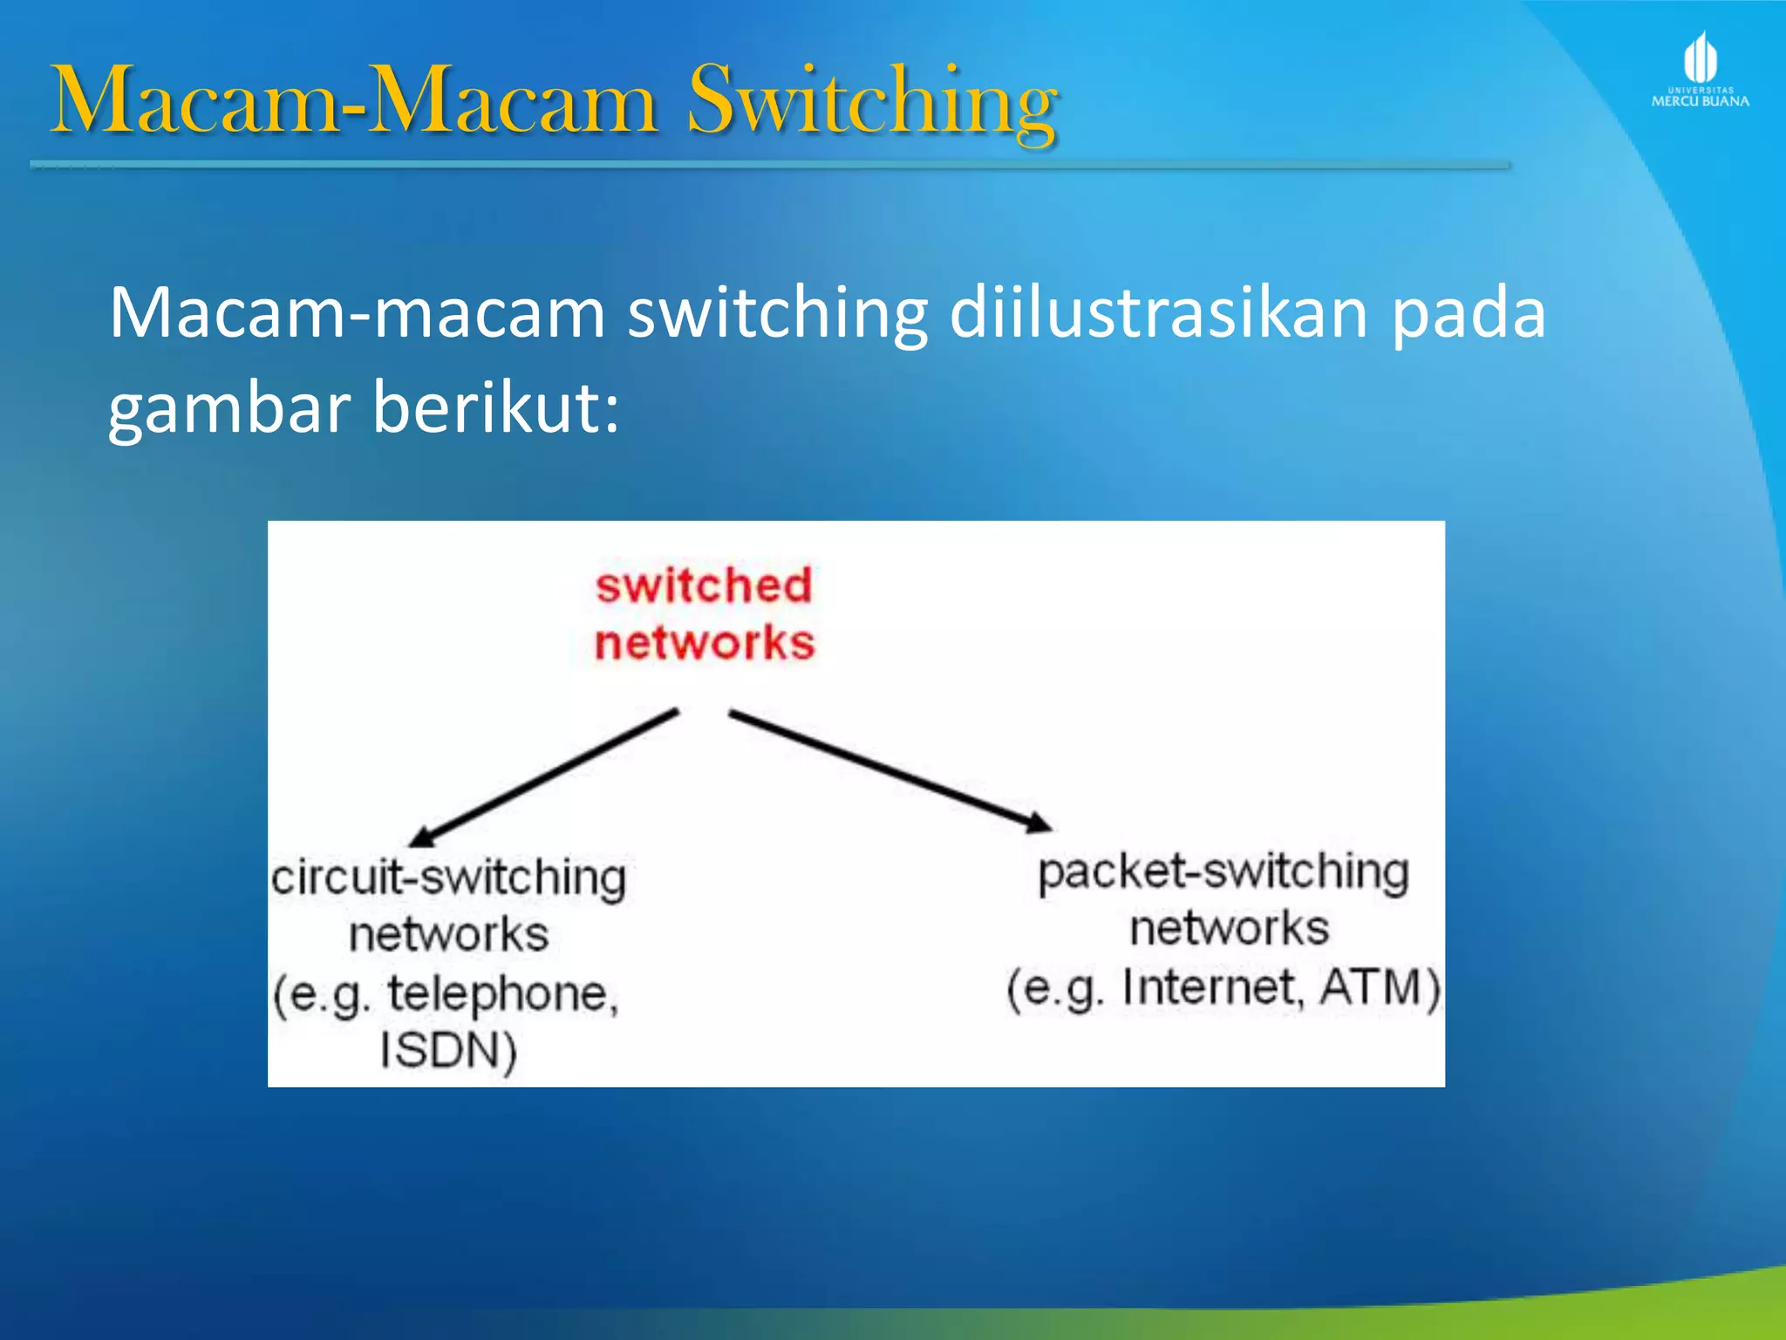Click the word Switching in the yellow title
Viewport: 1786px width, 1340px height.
click(x=872, y=103)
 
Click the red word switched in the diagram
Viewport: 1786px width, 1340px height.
click(x=704, y=585)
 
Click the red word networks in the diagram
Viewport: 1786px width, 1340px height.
click(x=705, y=643)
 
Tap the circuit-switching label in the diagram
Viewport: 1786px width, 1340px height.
click(x=448, y=878)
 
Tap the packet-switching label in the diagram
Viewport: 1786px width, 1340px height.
click(x=1223, y=872)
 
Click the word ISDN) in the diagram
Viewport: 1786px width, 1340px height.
click(x=448, y=1049)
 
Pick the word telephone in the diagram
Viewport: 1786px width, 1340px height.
click(x=502, y=994)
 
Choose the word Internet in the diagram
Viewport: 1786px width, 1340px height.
click(x=1212, y=988)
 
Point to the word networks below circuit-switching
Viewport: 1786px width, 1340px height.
click(x=448, y=935)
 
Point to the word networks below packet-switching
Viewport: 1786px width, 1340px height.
click(x=1229, y=928)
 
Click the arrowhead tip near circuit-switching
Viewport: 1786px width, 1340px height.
click(x=413, y=843)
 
